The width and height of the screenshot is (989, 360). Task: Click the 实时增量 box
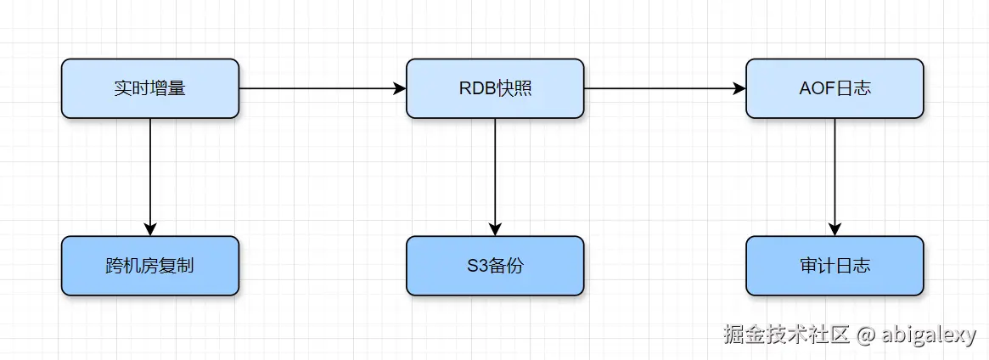pyautogui.click(x=150, y=88)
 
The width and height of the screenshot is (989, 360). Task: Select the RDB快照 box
pyautogui.click(x=495, y=88)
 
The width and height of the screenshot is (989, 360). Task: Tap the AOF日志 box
pyautogui.click(x=834, y=88)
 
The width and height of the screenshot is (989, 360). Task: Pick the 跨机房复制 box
pyautogui.click(x=150, y=266)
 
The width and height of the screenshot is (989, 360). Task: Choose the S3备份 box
pyautogui.click(x=495, y=266)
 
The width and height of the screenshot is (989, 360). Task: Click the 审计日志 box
pyautogui.click(x=834, y=266)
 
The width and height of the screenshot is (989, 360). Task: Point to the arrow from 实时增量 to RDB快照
pyautogui.click(x=323, y=88)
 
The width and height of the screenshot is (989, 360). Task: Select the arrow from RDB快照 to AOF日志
pyautogui.click(x=665, y=88)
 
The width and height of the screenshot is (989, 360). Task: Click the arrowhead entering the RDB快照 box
pyautogui.click(x=400, y=88)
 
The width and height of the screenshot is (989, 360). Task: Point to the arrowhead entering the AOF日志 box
pyautogui.click(x=739, y=88)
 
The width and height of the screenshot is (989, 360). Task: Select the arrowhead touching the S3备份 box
pyautogui.click(x=495, y=229)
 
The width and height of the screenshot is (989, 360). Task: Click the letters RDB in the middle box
pyautogui.click(x=474, y=88)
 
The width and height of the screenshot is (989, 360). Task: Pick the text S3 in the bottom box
pyautogui.click(x=476, y=266)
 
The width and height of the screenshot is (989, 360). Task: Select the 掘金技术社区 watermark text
pyautogui.click(x=786, y=335)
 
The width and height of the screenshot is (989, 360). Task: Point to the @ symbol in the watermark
pyautogui.click(x=865, y=335)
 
